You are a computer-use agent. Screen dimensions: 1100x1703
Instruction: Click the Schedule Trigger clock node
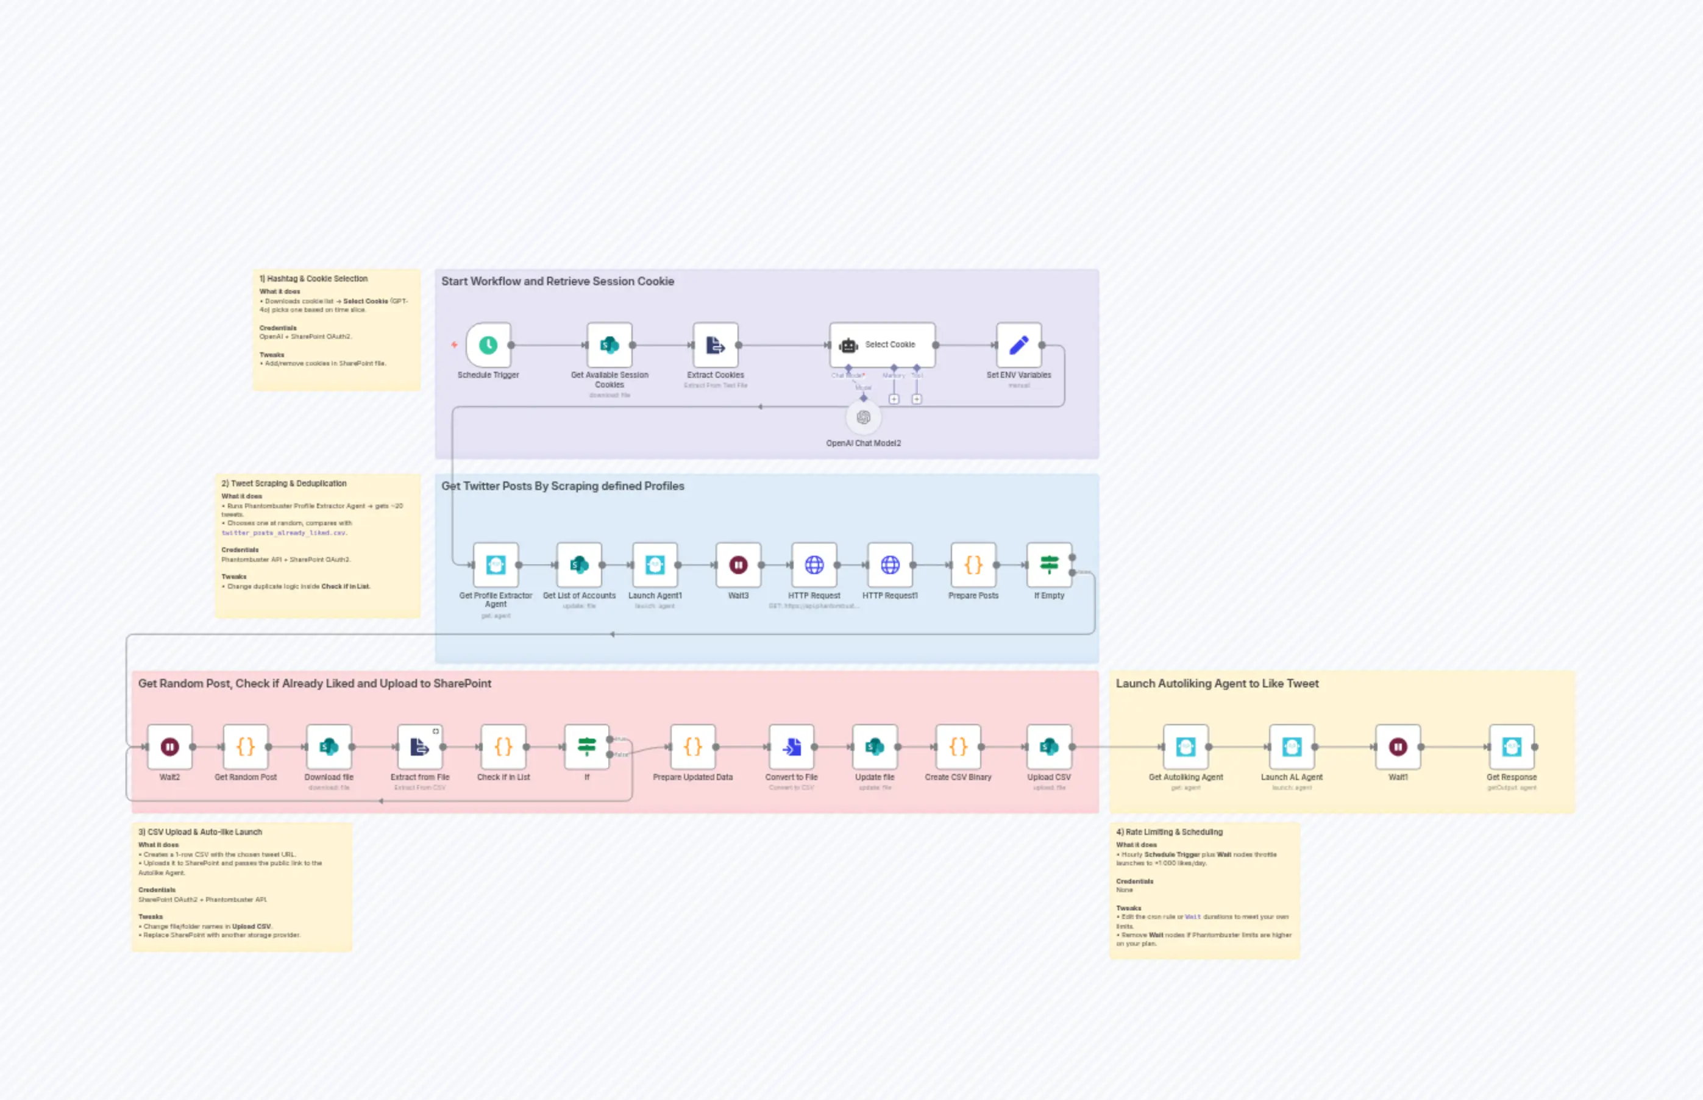pos(488,345)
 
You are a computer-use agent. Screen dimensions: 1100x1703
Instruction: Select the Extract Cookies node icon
pos(715,345)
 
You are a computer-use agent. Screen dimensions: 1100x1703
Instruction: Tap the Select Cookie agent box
pos(882,345)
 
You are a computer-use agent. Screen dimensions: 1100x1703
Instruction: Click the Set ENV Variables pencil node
pos(1019,345)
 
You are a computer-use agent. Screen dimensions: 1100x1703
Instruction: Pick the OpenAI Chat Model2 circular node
pos(863,417)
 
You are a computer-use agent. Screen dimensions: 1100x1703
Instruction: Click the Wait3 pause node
pos(738,565)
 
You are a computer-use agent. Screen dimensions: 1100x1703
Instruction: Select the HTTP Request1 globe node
pos(889,565)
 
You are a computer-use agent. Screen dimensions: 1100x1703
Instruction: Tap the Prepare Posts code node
pos(973,565)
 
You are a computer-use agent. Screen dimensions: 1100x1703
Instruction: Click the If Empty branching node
pos(1048,565)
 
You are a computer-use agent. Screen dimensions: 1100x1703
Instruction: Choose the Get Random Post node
pos(245,747)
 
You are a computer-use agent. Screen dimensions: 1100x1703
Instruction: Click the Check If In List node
pos(503,747)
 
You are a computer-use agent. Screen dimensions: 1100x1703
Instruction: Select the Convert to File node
pos(791,747)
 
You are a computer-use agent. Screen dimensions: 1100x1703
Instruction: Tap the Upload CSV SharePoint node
pos(1048,747)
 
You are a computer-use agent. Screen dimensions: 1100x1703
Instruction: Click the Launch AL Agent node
pos(1291,747)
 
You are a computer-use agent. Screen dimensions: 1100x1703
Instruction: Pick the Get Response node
pos(1511,747)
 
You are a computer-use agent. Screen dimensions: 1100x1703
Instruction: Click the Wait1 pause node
pos(1397,747)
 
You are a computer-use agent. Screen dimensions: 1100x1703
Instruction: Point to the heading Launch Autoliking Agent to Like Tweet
pos(1217,684)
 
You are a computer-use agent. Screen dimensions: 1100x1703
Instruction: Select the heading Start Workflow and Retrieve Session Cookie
pos(557,282)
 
